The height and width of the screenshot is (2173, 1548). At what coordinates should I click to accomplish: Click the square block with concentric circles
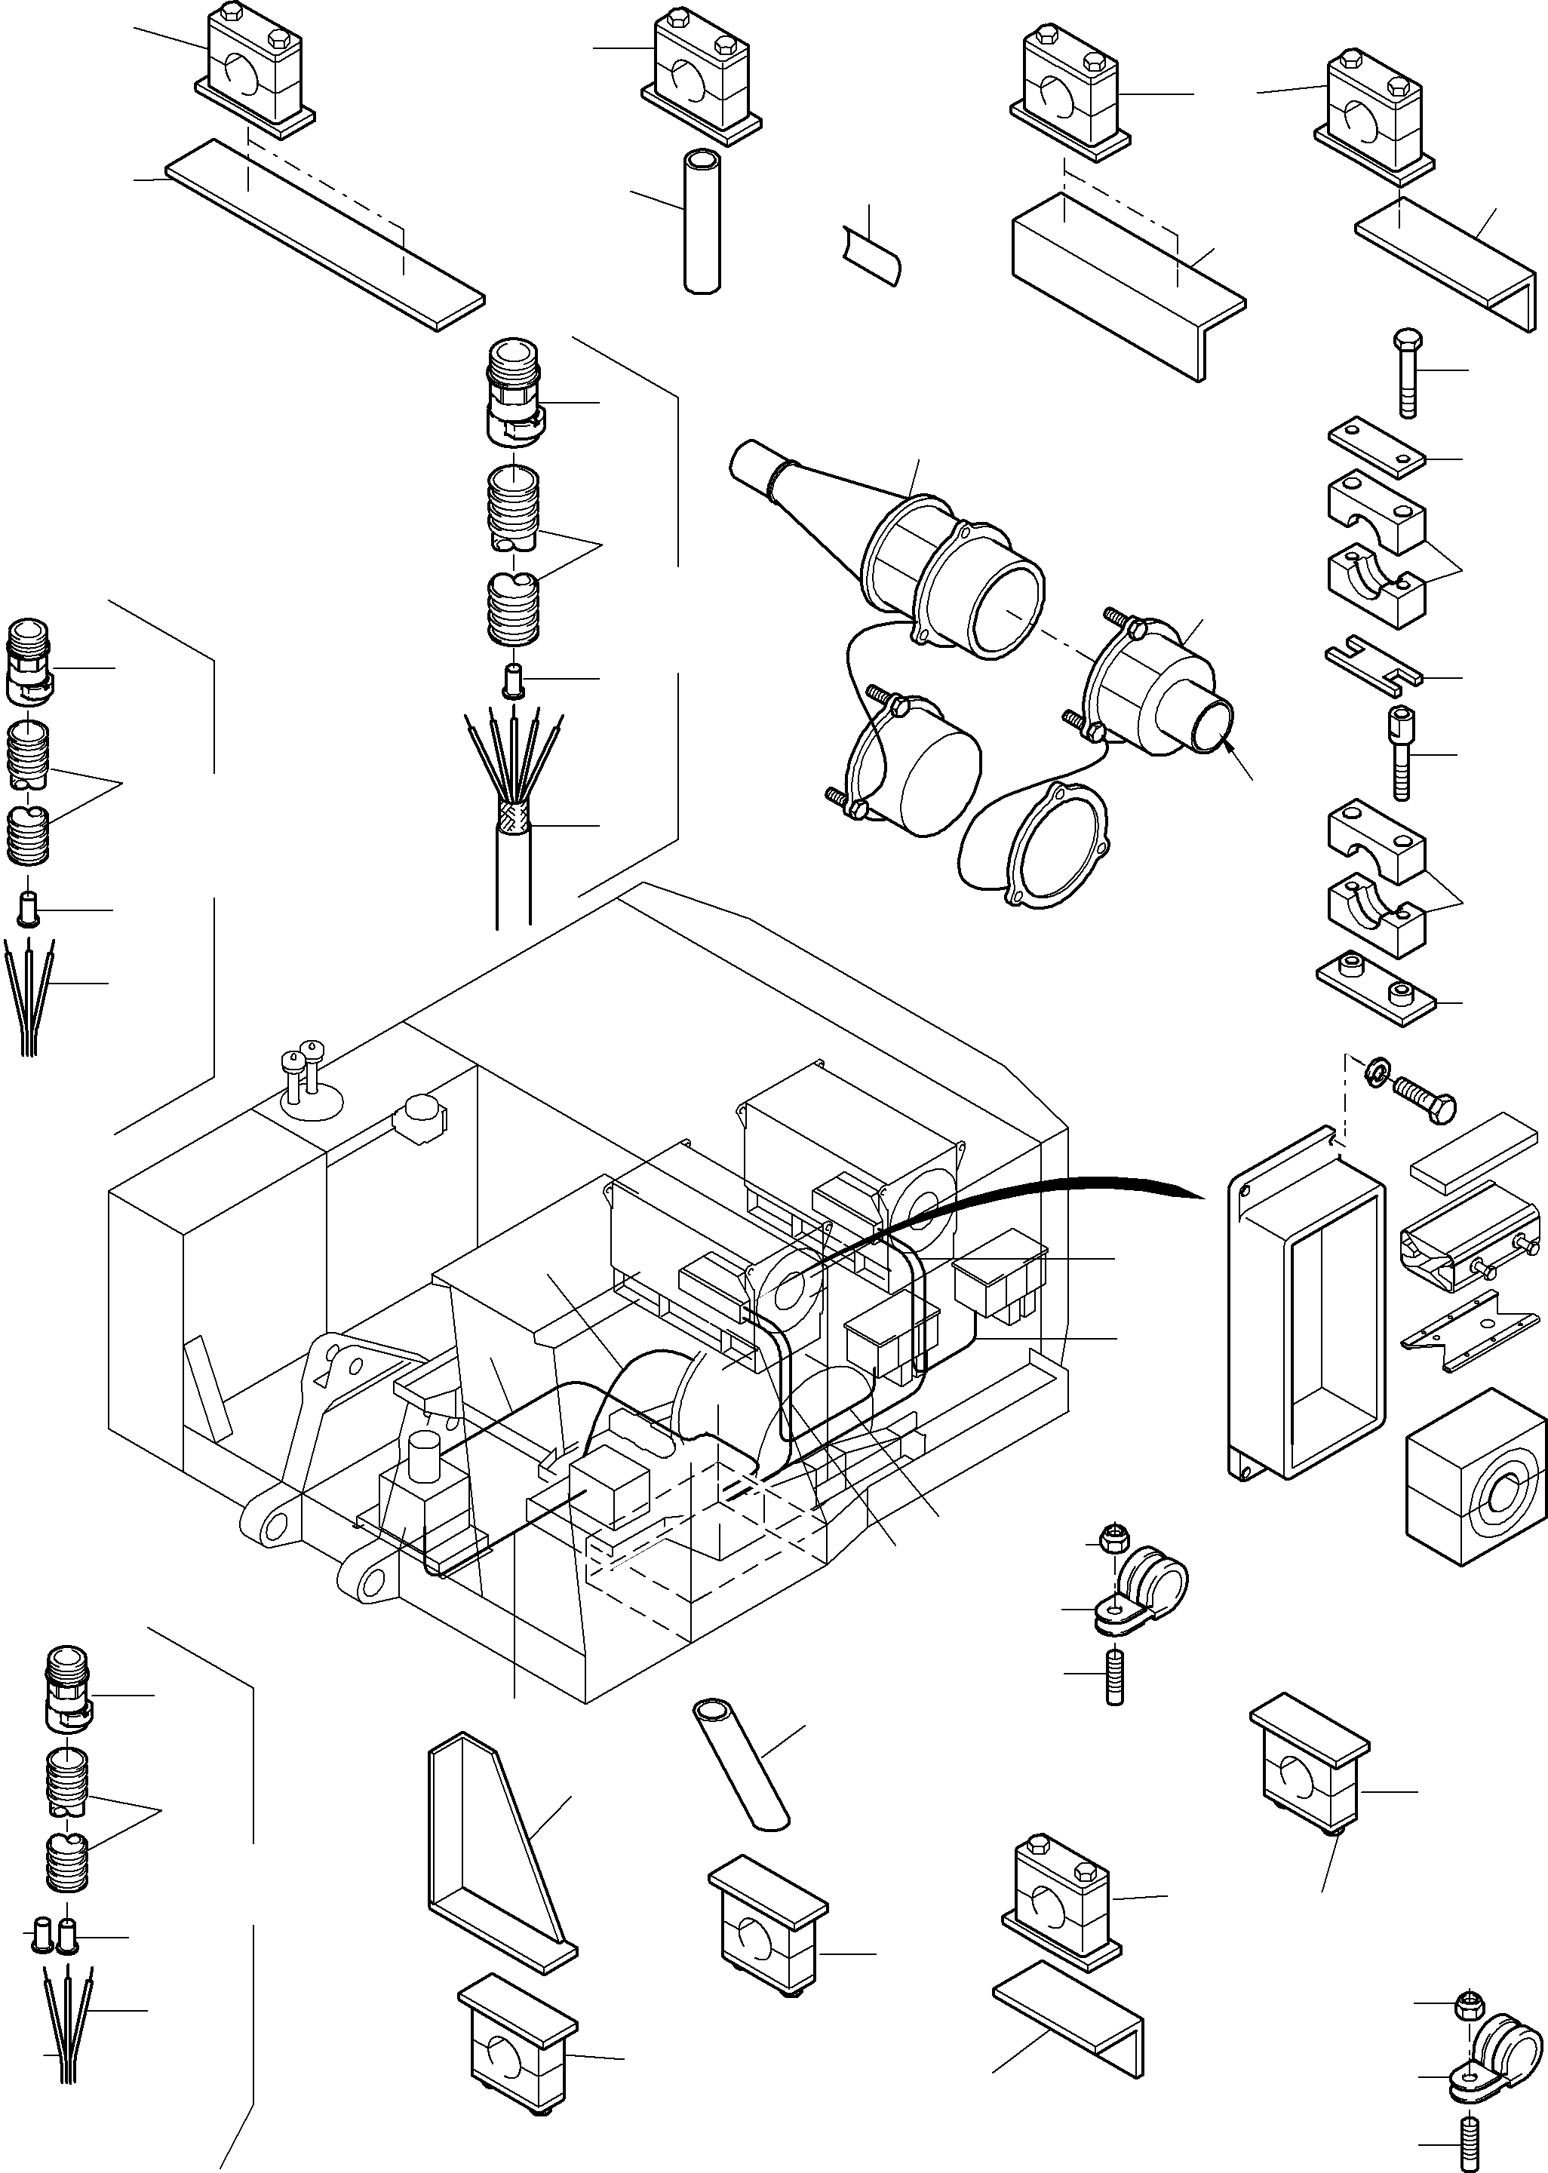tap(1476, 1487)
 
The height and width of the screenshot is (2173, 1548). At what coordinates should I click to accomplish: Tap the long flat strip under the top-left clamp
tap(324, 234)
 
